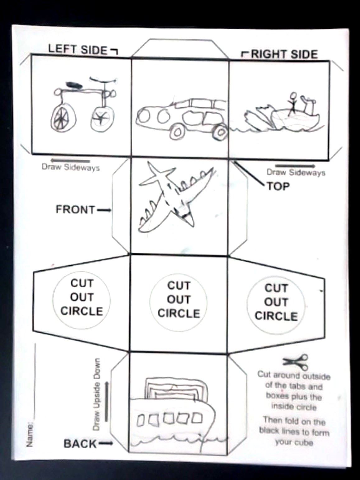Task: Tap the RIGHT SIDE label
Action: point(284,54)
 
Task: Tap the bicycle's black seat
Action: point(74,85)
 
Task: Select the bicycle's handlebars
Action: point(103,80)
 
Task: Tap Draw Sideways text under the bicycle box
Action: point(71,168)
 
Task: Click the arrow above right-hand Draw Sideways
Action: point(295,165)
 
